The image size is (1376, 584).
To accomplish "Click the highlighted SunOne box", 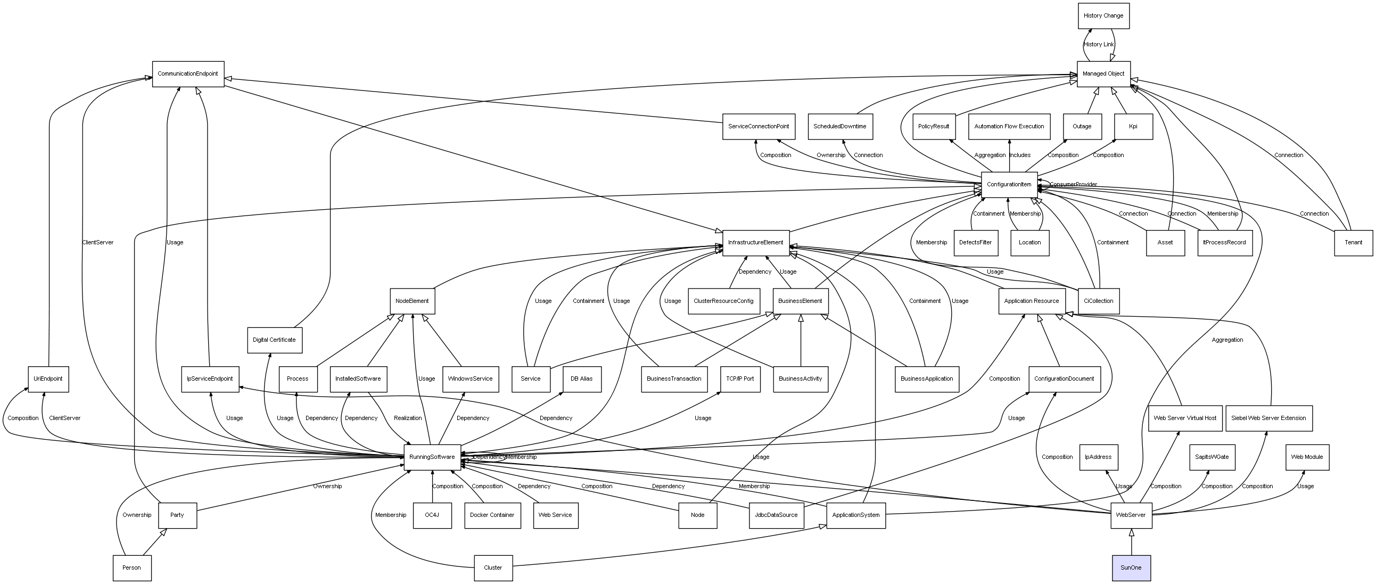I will click(x=1131, y=567).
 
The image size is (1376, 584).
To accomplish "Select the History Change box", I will click(x=1103, y=16).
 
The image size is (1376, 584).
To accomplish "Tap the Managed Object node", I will click(x=1103, y=74).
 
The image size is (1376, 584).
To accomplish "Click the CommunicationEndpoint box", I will click(x=188, y=74).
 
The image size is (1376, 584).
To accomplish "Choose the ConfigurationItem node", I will click(x=1009, y=185).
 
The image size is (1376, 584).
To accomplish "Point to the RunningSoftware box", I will click(x=432, y=457).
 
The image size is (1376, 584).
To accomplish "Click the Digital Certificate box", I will click(x=275, y=340).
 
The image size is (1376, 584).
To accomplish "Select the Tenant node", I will click(x=1353, y=243).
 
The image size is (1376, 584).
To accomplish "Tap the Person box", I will click(x=132, y=567).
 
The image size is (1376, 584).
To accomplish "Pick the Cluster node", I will click(x=493, y=567).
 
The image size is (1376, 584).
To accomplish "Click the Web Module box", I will click(x=1307, y=457).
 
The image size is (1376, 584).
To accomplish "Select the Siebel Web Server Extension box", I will click(x=1268, y=418).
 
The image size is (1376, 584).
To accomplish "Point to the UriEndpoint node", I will click(x=48, y=379).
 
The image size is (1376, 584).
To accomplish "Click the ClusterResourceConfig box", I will click(x=723, y=301).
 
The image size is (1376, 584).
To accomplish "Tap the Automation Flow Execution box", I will click(x=1009, y=127).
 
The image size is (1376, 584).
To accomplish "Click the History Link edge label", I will click(x=1099, y=45).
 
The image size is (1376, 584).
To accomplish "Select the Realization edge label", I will click(x=408, y=418).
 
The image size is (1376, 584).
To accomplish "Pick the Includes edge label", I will click(x=1020, y=155).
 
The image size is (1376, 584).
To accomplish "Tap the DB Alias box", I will click(x=582, y=379).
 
